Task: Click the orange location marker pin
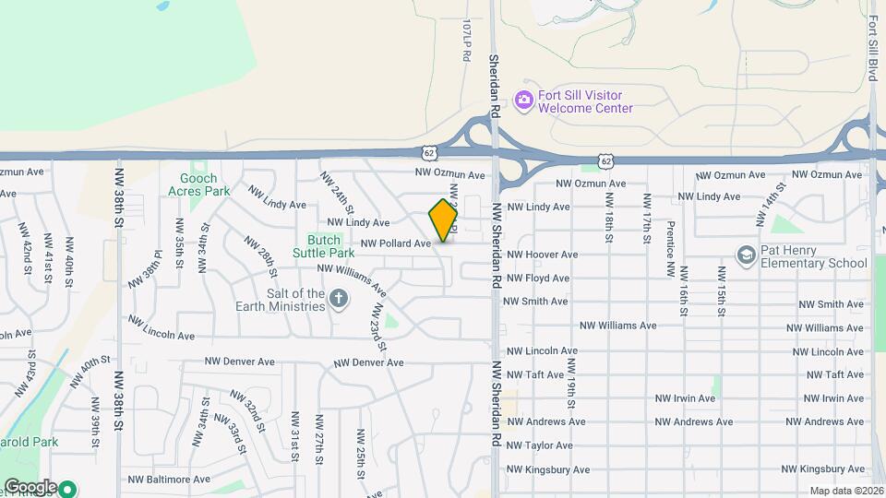(444, 220)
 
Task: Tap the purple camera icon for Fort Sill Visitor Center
(523, 99)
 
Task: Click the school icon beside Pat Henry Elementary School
(746, 255)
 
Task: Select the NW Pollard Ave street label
(396, 243)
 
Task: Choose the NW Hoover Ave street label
(543, 254)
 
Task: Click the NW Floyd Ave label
(538, 278)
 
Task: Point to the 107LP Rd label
(466, 42)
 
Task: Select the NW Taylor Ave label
(540, 445)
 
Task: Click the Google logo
(30, 487)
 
